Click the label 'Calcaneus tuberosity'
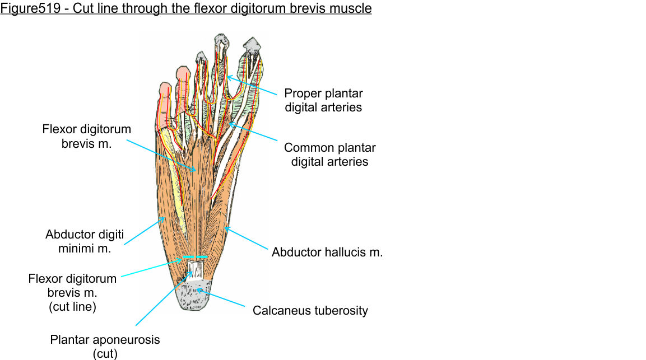(x=310, y=310)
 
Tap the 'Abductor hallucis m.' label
(x=327, y=253)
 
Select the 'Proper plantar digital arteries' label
(x=323, y=100)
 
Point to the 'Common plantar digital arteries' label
(x=329, y=155)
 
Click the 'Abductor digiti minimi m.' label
(x=85, y=241)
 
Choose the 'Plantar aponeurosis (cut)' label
(x=105, y=346)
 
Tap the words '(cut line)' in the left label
(x=72, y=307)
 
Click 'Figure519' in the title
(x=26, y=9)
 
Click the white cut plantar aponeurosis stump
(x=194, y=270)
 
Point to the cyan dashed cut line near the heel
(x=194, y=258)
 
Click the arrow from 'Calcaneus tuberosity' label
(x=221, y=298)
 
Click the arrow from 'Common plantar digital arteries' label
(x=252, y=132)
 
